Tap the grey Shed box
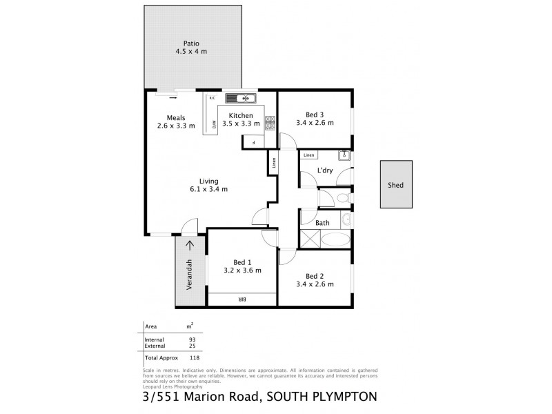[395, 184]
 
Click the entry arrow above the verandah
[190, 246]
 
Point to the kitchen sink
[239, 97]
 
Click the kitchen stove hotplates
[270, 123]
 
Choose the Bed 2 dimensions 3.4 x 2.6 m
[314, 284]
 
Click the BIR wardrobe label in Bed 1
[241, 299]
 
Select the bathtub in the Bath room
[336, 240]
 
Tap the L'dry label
[325, 170]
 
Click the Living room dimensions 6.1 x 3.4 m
[209, 189]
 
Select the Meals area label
[176, 117]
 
